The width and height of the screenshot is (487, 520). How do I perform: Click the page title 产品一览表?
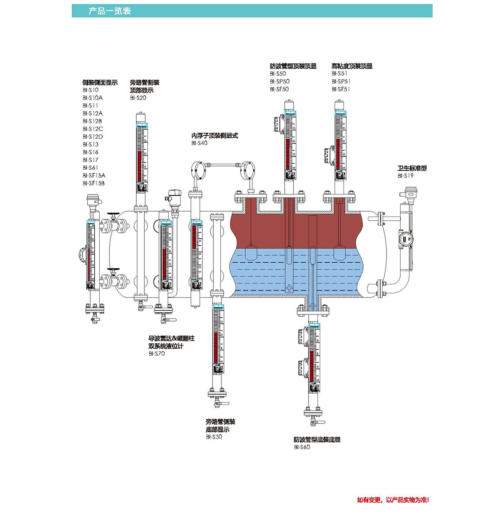pyautogui.click(x=109, y=11)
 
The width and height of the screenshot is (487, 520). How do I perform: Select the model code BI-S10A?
pyautogui.click(x=92, y=98)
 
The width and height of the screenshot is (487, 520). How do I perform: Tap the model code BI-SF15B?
pyautogui.click(x=93, y=183)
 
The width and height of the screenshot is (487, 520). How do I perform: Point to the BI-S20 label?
pyautogui.click(x=138, y=98)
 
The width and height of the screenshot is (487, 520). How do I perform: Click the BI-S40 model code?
pyautogui.click(x=199, y=143)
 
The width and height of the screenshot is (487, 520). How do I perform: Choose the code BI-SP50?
pyautogui.click(x=279, y=81)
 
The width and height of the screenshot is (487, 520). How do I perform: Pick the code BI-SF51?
pyautogui.click(x=340, y=89)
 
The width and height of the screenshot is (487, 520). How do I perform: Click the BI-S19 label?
pyautogui.click(x=406, y=176)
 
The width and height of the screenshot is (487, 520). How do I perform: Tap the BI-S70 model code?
pyautogui.click(x=156, y=354)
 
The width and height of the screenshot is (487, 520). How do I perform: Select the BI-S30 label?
pyautogui.click(x=214, y=437)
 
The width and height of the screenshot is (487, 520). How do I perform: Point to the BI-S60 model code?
pyautogui.click(x=302, y=447)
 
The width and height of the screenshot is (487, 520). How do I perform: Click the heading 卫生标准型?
pyautogui.click(x=412, y=168)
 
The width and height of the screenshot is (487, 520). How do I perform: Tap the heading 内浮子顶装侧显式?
pyautogui.click(x=214, y=136)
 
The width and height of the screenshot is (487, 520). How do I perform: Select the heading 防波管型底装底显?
pyautogui.click(x=317, y=440)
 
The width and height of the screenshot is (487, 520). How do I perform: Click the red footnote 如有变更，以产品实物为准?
pyautogui.click(x=393, y=500)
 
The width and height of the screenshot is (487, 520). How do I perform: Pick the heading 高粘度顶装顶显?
pyautogui.click(x=352, y=66)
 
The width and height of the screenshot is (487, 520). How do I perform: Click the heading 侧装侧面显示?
pyautogui.click(x=100, y=82)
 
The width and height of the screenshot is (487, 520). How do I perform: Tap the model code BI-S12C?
pyautogui.click(x=93, y=129)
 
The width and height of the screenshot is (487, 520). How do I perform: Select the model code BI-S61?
pyautogui.click(x=90, y=168)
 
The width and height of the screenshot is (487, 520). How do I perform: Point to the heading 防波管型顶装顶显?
pyautogui.click(x=293, y=66)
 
